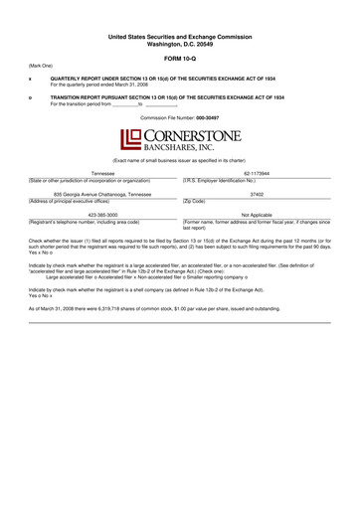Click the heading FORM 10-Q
click(x=180, y=58)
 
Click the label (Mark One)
click(x=41, y=66)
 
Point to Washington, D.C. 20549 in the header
click(x=180, y=44)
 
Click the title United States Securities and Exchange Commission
click(x=180, y=37)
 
